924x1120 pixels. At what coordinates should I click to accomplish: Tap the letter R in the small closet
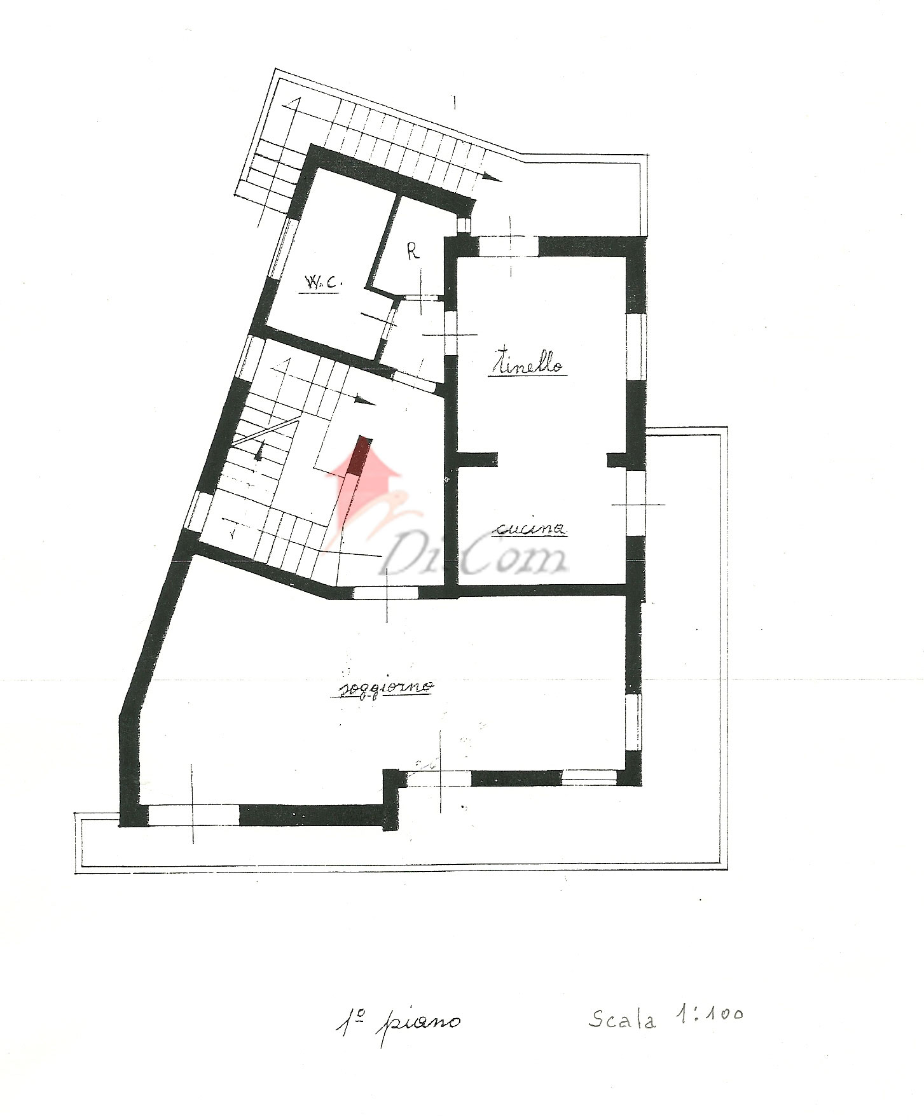click(x=413, y=252)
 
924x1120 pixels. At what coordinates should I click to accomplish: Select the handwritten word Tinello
click(x=527, y=363)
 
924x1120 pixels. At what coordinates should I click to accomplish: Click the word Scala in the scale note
click(x=621, y=1019)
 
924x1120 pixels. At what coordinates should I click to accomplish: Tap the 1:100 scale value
click(x=708, y=1014)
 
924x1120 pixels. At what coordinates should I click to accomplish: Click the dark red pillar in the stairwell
click(x=360, y=456)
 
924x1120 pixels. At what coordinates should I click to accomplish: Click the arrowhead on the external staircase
click(x=492, y=178)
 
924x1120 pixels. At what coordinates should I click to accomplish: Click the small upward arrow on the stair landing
click(x=259, y=450)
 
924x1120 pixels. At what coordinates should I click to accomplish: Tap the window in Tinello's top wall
click(x=509, y=246)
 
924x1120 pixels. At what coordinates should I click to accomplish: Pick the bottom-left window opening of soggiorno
click(x=193, y=815)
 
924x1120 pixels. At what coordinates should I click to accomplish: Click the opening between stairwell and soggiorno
click(x=385, y=592)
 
